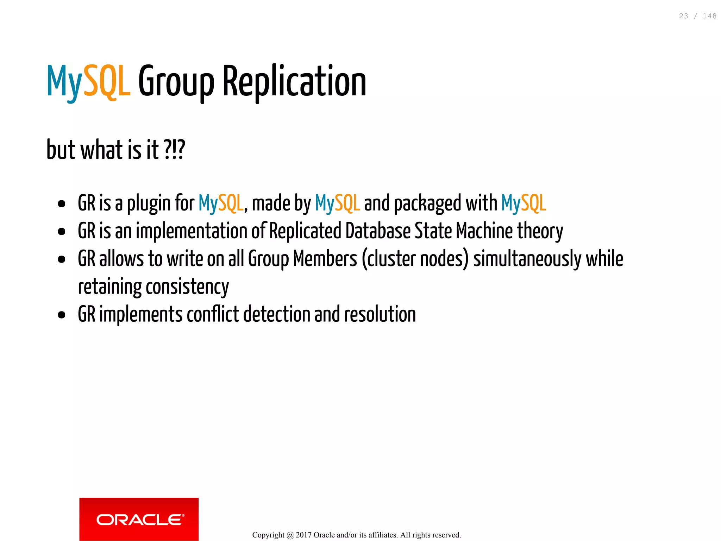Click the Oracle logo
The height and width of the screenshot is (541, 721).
click(x=139, y=519)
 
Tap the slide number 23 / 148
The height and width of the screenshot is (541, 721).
click(x=697, y=16)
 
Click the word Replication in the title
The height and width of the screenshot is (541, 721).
click(x=294, y=82)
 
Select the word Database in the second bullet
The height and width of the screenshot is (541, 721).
click(x=378, y=231)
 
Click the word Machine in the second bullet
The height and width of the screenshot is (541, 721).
click(x=484, y=231)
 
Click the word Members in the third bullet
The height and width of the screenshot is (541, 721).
click(x=325, y=259)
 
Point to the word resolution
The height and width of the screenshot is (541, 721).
click(x=380, y=314)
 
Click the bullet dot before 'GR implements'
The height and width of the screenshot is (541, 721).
click(x=62, y=315)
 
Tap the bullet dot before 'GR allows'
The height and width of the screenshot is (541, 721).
click(x=62, y=259)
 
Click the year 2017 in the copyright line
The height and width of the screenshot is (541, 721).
click(x=303, y=535)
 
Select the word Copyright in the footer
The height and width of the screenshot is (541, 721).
click(x=268, y=535)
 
